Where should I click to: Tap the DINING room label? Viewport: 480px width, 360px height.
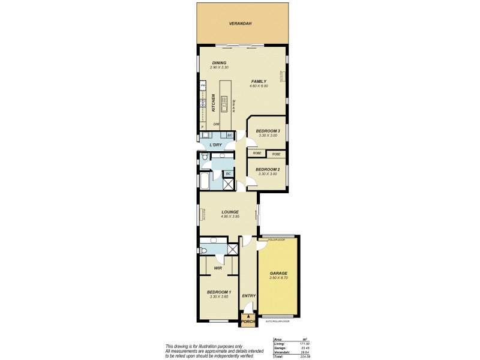(220, 63)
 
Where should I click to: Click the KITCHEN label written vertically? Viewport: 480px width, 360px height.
(213, 103)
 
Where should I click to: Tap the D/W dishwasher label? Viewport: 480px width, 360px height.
(216, 124)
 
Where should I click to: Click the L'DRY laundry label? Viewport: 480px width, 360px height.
(215, 145)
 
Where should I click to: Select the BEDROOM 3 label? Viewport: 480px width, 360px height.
(268, 131)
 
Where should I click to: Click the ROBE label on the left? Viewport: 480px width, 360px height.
(257, 154)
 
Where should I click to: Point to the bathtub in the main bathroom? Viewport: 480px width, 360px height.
(205, 181)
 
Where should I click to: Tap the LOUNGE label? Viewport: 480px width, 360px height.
(230, 212)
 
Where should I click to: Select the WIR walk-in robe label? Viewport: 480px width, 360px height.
(218, 268)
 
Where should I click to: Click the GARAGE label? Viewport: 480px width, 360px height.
(278, 273)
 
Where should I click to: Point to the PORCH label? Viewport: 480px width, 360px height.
(248, 322)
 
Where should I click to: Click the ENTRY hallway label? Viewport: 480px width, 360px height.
(248, 295)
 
